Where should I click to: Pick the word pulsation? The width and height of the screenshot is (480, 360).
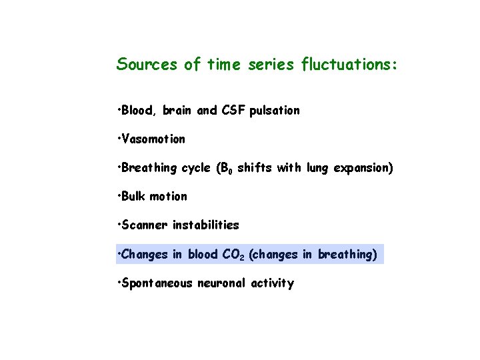(275, 111)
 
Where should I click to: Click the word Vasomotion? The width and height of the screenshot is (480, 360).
(153, 139)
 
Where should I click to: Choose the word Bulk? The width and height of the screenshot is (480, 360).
(133, 197)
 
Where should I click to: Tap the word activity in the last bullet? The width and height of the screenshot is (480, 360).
(272, 283)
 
